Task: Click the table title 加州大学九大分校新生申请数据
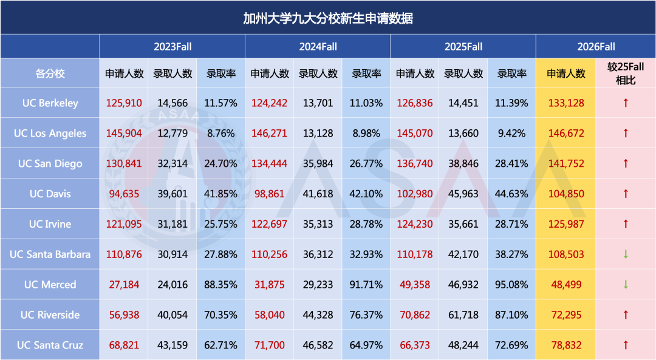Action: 328,18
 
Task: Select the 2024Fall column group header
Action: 317,47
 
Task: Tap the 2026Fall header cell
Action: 596,47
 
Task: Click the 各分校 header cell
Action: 50,73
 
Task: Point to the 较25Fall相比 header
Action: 626,73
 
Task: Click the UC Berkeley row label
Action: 50,103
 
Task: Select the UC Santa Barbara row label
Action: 50,254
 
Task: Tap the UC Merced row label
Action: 50,285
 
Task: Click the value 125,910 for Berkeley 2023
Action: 124,103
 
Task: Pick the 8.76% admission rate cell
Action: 221,134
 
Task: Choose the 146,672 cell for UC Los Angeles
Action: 565,134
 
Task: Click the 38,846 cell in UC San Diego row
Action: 463,164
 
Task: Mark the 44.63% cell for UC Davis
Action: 512,194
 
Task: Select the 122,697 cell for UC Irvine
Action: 269,224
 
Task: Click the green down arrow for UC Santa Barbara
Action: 626,254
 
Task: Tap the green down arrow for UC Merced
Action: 626,285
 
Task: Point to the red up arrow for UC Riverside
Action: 626,315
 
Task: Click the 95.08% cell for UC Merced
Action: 512,285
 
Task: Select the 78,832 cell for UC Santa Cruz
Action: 565,345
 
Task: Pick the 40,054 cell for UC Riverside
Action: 173,315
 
